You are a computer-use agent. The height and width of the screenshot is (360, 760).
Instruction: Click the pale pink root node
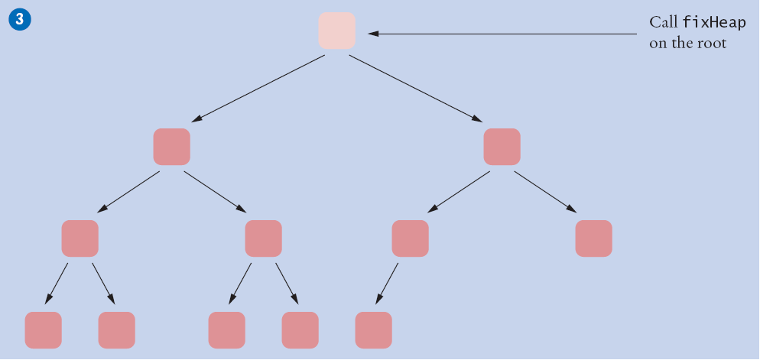(337, 31)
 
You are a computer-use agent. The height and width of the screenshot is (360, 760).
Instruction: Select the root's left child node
(171, 147)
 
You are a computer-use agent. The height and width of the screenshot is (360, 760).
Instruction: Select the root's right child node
(502, 147)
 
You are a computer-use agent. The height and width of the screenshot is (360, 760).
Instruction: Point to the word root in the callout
(712, 44)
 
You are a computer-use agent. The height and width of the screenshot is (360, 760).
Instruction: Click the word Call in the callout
(663, 23)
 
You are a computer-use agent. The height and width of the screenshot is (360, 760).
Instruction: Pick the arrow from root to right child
(416, 89)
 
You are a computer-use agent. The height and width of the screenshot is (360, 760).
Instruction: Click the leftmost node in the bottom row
(44, 330)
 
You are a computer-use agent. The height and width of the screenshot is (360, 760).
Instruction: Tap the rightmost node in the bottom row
(374, 330)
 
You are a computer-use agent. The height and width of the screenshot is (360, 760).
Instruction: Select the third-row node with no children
(594, 238)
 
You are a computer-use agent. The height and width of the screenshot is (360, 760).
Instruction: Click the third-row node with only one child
(411, 238)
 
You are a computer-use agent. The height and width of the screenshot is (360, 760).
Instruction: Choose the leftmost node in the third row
(80, 238)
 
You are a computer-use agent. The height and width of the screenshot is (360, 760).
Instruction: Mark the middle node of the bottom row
(227, 330)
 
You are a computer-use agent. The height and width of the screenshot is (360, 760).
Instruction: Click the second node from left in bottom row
(117, 330)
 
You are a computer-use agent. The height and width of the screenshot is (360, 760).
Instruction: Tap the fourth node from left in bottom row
(300, 330)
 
